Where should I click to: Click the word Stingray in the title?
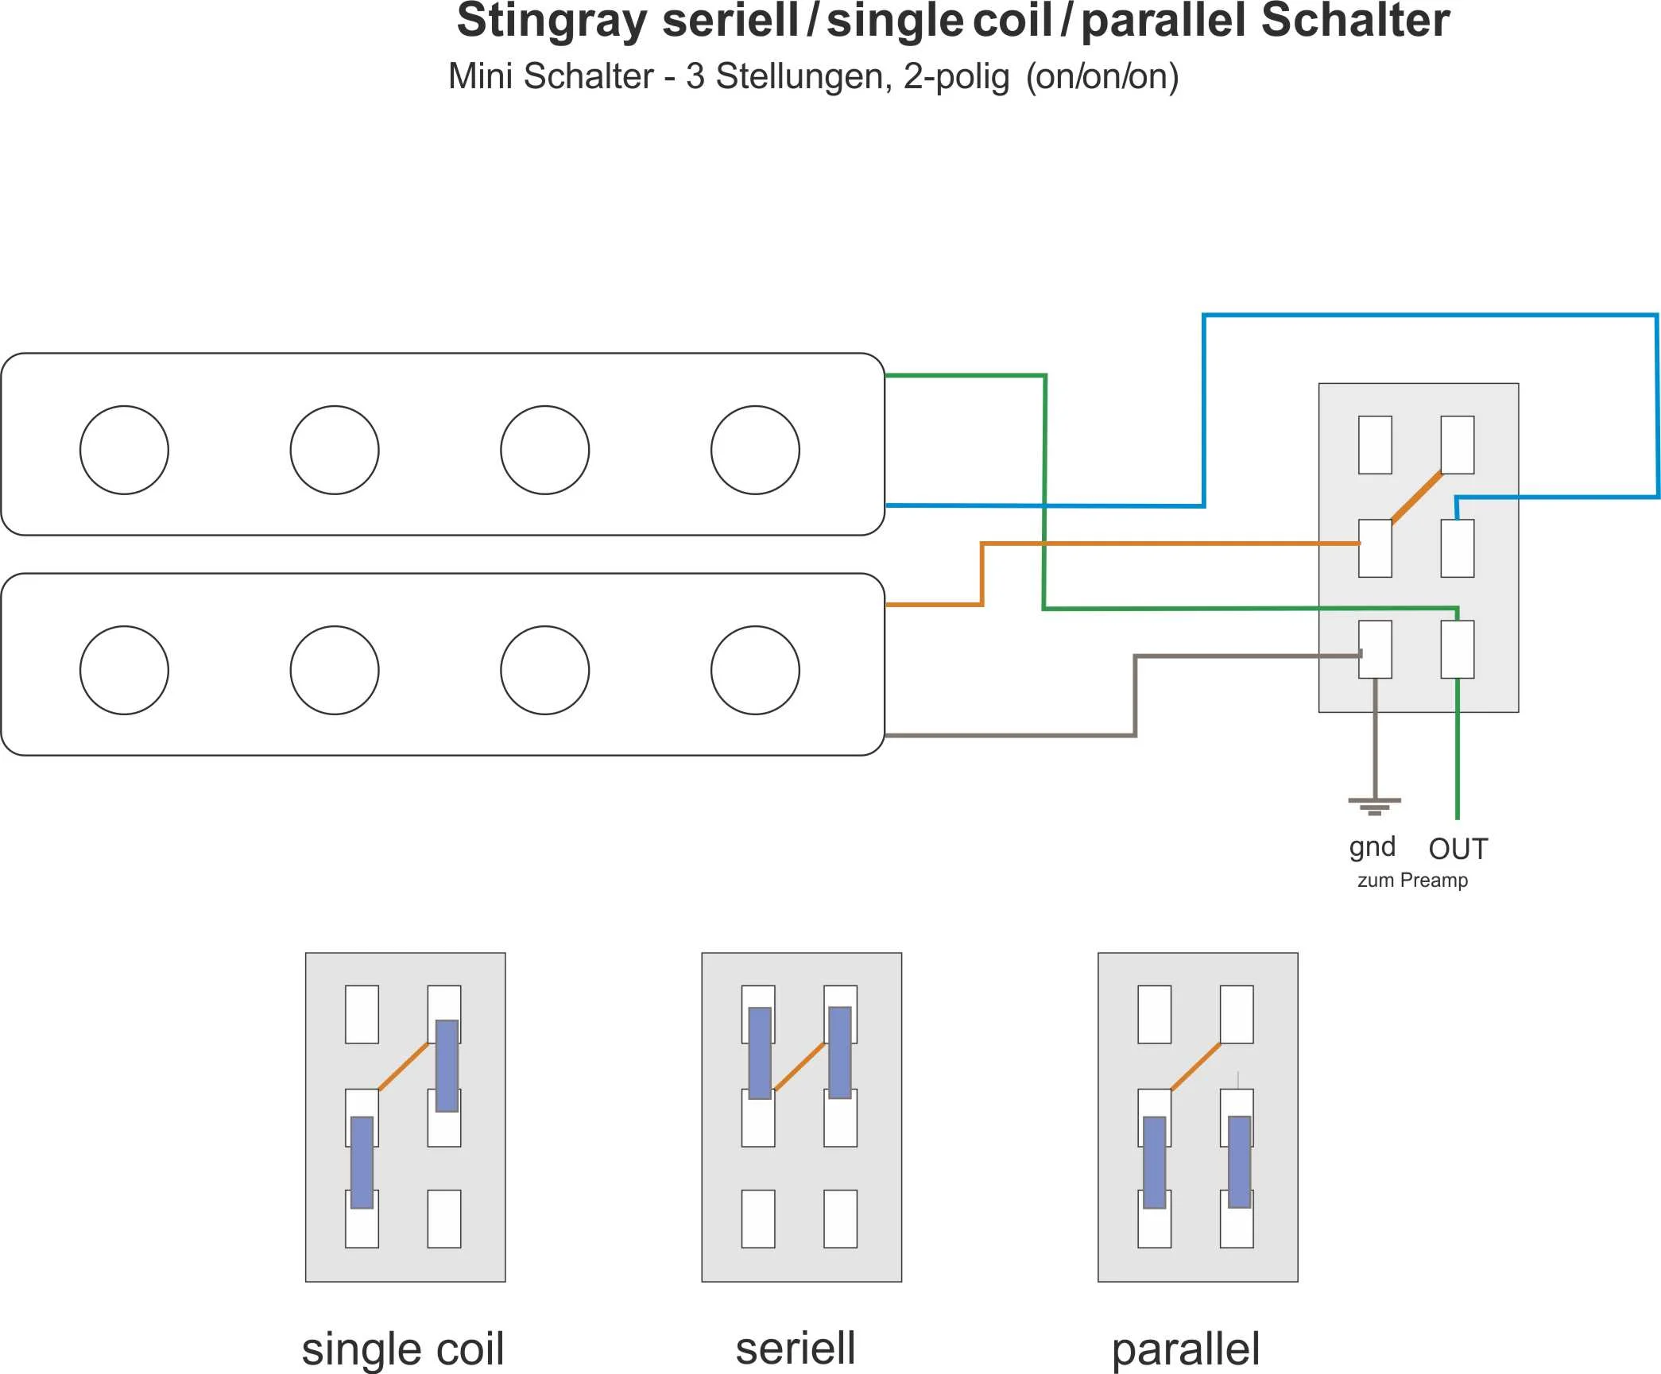(x=552, y=21)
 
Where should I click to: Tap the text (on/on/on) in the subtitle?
(x=1102, y=77)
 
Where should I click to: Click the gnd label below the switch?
(x=1372, y=847)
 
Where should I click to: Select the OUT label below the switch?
(x=1458, y=849)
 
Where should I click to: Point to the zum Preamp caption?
(x=1412, y=881)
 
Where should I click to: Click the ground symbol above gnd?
(x=1375, y=806)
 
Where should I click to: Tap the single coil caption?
(x=403, y=1349)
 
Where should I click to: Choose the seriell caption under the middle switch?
(x=796, y=1349)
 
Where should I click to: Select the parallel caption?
(x=1186, y=1349)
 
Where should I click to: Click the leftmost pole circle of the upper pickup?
(x=124, y=450)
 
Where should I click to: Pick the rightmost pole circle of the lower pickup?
(x=755, y=670)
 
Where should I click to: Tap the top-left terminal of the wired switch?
(x=1375, y=445)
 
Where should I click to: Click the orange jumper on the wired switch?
(x=1417, y=497)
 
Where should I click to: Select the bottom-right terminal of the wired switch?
(x=1458, y=649)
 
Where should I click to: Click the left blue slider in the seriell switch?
(x=760, y=1053)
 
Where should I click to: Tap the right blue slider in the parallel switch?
(x=1239, y=1162)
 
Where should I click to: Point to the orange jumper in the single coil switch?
(x=404, y=1066)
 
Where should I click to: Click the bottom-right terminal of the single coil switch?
(x=444, y=1218)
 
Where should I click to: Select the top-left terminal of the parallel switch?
(x=1154, y=1014)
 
